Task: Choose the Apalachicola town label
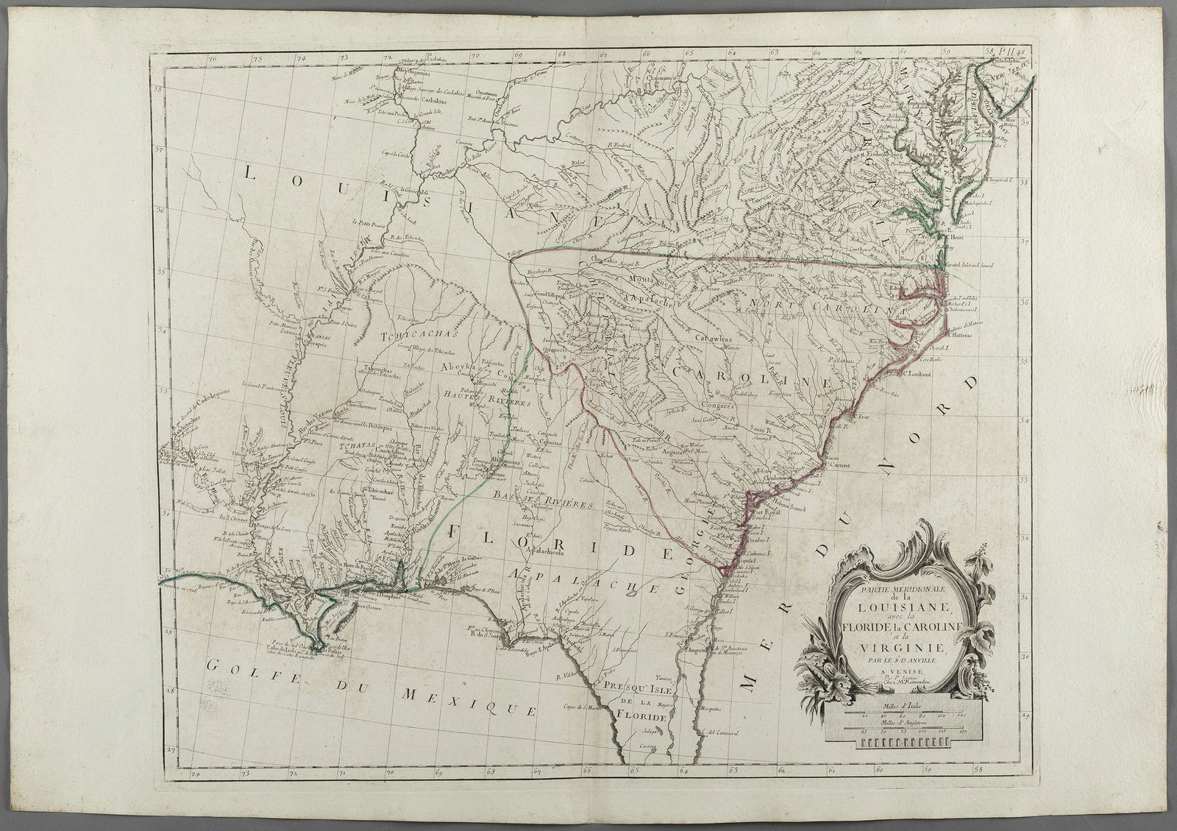click(x=565, y=550)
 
